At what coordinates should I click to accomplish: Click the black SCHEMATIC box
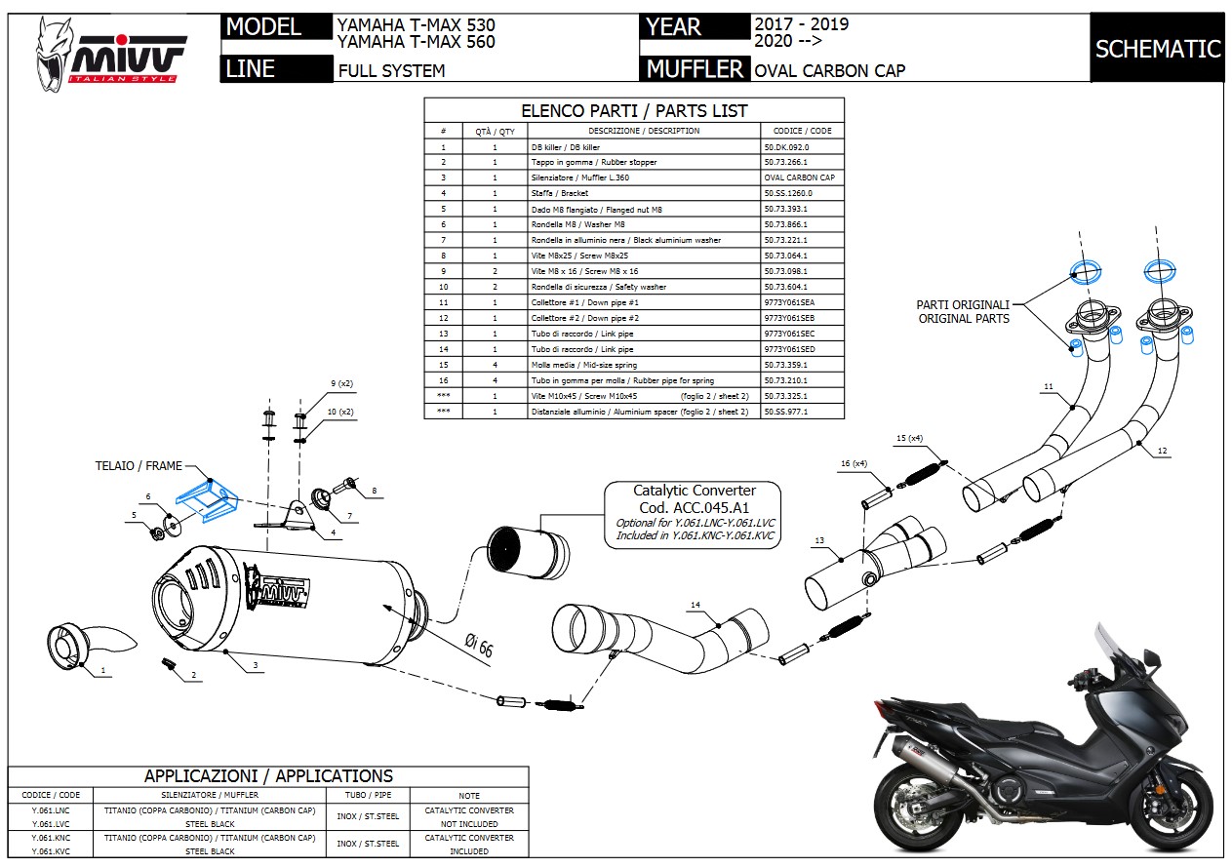pos(1157,49)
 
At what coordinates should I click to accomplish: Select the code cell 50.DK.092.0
pos(786,146)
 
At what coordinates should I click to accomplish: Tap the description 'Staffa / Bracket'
pos(560,193)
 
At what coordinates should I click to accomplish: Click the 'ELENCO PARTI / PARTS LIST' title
pos(634,111)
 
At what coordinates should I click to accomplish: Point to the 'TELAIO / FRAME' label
pos(139,466)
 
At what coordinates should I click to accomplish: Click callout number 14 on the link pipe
pos(695,605)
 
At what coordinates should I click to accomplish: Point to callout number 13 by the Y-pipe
pos(819,540)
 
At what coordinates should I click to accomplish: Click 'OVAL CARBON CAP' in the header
pos(829,70)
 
